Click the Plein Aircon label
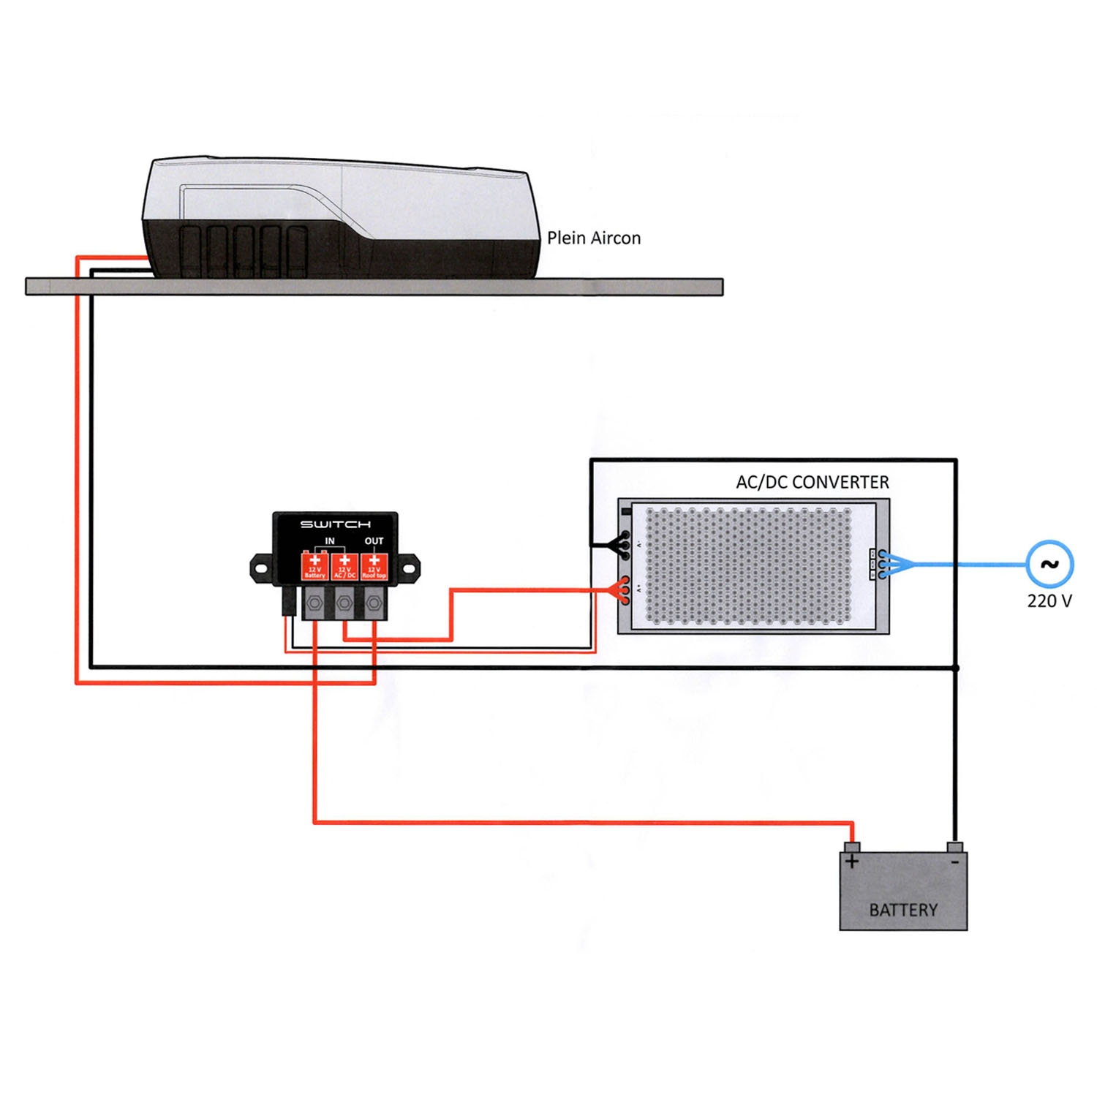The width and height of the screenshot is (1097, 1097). click(x=593, y=238)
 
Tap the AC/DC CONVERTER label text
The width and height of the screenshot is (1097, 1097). click(x=812, y=482)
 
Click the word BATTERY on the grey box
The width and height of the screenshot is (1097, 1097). click(x=903, y=910)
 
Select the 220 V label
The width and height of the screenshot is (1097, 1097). click(x=1049, y=601)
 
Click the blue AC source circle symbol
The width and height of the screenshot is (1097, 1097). click(x=1049, y=564)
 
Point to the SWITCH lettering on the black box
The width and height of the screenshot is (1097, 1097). click(x=335, y=524)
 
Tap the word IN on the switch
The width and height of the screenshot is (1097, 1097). click(x=330, y=541)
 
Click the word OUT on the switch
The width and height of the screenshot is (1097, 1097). click(x=374, y=541)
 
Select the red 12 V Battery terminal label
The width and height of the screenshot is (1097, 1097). click(x=314, y=567)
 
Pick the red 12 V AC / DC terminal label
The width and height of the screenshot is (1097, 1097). click(x=344, y=567)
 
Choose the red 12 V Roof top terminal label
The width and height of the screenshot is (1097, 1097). click(x=374, y=567)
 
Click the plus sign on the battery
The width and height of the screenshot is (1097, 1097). click(x=852, y=862)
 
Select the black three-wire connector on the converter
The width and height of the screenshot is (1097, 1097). click(x=622, y=545)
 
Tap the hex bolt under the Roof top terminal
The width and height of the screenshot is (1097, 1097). click(x=374, y=603)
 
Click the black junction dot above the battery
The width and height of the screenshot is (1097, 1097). click(x=955, y=668)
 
